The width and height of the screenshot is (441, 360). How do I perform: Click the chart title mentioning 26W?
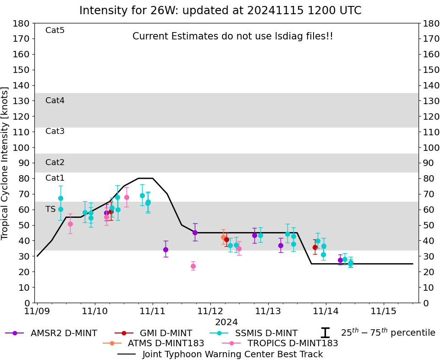click(x=220, y=11)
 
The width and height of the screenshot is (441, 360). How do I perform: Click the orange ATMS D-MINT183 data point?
click(x=223, y=237)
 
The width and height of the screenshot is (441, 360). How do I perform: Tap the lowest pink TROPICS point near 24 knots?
click(x=193, y=266)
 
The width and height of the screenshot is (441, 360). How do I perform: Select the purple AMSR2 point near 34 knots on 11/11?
click(x=165, y=249)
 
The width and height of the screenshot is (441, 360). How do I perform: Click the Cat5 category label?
click(x=55, y=30)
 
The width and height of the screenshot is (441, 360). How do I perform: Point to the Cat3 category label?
click(x=55, y=131)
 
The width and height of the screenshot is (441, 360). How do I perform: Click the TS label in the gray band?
click(x=50, y=209)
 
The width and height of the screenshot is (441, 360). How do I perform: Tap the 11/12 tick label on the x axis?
click(x=210, y=311)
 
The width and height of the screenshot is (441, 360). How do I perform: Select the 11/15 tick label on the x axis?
click(x=384, y=311)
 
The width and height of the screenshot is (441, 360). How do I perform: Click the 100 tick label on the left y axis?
click(x=22, y=148)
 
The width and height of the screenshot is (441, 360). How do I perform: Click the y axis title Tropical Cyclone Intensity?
click(x=6, y=163)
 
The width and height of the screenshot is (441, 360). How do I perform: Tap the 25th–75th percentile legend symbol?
click(x=325, y=333)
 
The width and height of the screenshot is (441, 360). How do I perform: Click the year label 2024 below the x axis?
click(x=226, y=322)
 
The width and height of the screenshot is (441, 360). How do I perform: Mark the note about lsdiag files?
click(x=233, y=36)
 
